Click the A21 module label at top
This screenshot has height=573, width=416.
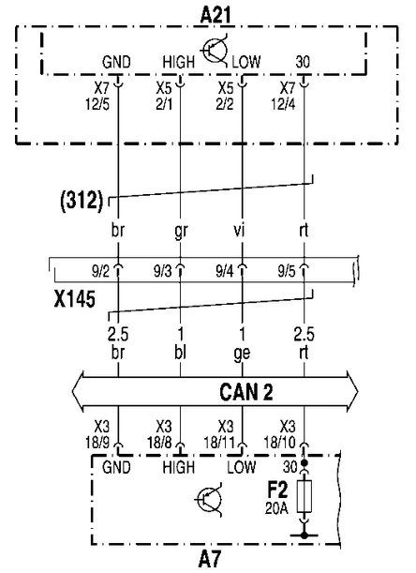tap(215, 16)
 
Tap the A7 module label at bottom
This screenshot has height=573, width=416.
tap(210, 560)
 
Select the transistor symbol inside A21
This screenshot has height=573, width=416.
tap(215, 51)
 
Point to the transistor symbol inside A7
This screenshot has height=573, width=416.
tap(209, 500)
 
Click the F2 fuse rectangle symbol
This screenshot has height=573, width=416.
tap(305, 496)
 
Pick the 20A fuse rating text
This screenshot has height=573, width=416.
tap(276, 508)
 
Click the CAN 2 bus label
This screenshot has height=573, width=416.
tap(246, 392)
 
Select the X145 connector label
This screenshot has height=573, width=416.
tap(75, 299)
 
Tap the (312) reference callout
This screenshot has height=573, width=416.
tap(82, 201)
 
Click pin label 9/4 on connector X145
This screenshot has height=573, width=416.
tap(225, 272)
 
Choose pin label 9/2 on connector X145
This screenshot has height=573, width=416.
tap(100, 272)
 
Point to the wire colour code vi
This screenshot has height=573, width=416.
tap(239, 230)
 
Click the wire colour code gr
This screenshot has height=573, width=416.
tap(181, 231)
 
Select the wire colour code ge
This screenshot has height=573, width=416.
tap(242, 354)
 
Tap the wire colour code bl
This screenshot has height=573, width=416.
tap(180, 352)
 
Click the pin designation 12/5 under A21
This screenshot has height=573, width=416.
tap(97, 104)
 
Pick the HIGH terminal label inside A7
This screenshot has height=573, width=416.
tap(179, 467)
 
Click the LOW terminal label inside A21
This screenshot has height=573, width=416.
tap(246, 62)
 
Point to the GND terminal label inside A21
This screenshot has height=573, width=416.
tap(116, 62)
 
